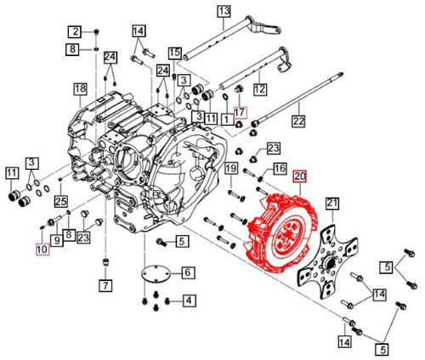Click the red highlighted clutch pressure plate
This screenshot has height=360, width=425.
click(x=280, y=232)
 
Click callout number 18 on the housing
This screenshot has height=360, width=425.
click(x=80, y=89)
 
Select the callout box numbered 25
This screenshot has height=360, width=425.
click(x=60, y=201)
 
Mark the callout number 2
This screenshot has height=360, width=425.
click(x=74, y=32)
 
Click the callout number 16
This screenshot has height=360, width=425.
click(x=279, y=169)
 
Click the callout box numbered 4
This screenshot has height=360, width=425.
click(x=188, y=300)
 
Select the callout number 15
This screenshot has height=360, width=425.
click(x=175, y=53)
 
